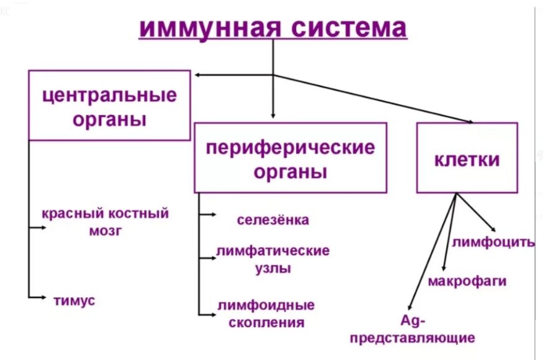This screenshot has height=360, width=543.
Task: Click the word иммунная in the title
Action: [x=210, y=28]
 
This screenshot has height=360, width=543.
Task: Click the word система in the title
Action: [x=349, y=28]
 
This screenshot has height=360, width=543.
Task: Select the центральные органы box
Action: [x=109, y=106]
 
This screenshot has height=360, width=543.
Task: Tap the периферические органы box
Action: [x=290, y=158]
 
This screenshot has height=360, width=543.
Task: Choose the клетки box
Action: [x=467, y=158]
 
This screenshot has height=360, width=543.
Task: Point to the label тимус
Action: [x=74, y=300]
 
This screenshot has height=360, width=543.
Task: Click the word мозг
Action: [x=105, y=231]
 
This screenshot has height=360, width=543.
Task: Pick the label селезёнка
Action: [x=273, y=220]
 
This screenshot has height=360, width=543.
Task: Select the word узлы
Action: [x=273, y=269]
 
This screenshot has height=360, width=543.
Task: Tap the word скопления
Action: [x=267, y=323]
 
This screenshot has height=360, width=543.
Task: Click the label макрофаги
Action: [x=467, y=281]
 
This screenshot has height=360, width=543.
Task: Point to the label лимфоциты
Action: [x=493, y=242]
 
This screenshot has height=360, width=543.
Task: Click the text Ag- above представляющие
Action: [x=413, y=321]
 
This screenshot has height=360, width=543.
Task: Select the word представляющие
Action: [x=413, y=338]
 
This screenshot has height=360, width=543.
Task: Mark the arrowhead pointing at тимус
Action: [x=43, y=297]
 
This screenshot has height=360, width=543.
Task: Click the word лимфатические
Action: [x=273, y=251]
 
